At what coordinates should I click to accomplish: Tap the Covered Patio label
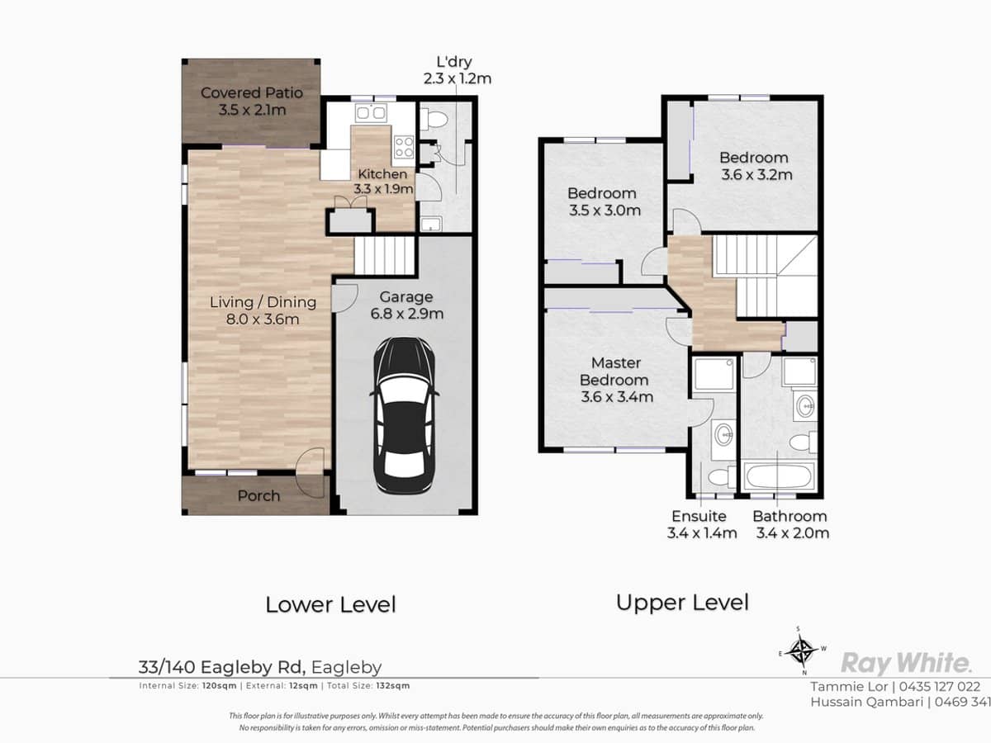pyautogui.click(x=251, y=101)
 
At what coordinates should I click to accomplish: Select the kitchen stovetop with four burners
pyautogui.click(x=404, y=147)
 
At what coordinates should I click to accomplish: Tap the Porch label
pyautogui.click(x=258, y=496)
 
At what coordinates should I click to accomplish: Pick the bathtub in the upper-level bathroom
pyautogui.click(x=778, y=477)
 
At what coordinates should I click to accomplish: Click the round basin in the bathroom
pyautogui.click(x=804, y=405)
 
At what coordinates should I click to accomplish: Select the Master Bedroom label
pyautogui.click(x=616, y=380)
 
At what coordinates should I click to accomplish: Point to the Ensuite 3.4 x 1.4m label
pyautogui.click(x=701, y=524)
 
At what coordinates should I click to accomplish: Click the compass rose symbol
pyautogui.click(x=799, y=651)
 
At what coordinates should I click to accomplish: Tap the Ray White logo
pyautogui.click(x=905, y=663)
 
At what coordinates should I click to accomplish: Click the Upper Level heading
pyautogui.click(x=682, y=602)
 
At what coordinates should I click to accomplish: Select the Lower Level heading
pyautogui.click(x=330, y=604)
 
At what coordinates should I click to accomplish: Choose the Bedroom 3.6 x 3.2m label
pyautogui.click(x=753, y=166)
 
